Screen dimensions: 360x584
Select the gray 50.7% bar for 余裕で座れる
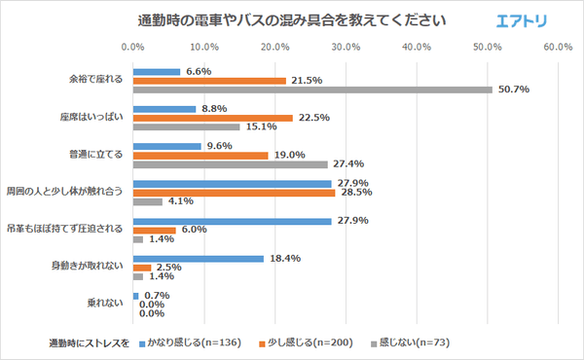tap(311, 90)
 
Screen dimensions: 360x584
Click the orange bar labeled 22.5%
tap(212, 118)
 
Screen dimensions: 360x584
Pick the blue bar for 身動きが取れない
tap(198, 258)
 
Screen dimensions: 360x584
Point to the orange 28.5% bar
tap(234, 192)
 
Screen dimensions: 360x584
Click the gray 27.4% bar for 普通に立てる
tap(230, 164)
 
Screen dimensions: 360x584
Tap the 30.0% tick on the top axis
tap(346, 47)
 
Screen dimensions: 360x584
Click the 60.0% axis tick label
tap(558, 47)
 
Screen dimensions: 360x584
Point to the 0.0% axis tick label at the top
tap(132, 47)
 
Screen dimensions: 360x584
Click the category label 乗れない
tap(107, 304)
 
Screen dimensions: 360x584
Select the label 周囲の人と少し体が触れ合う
tap(65, 192)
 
